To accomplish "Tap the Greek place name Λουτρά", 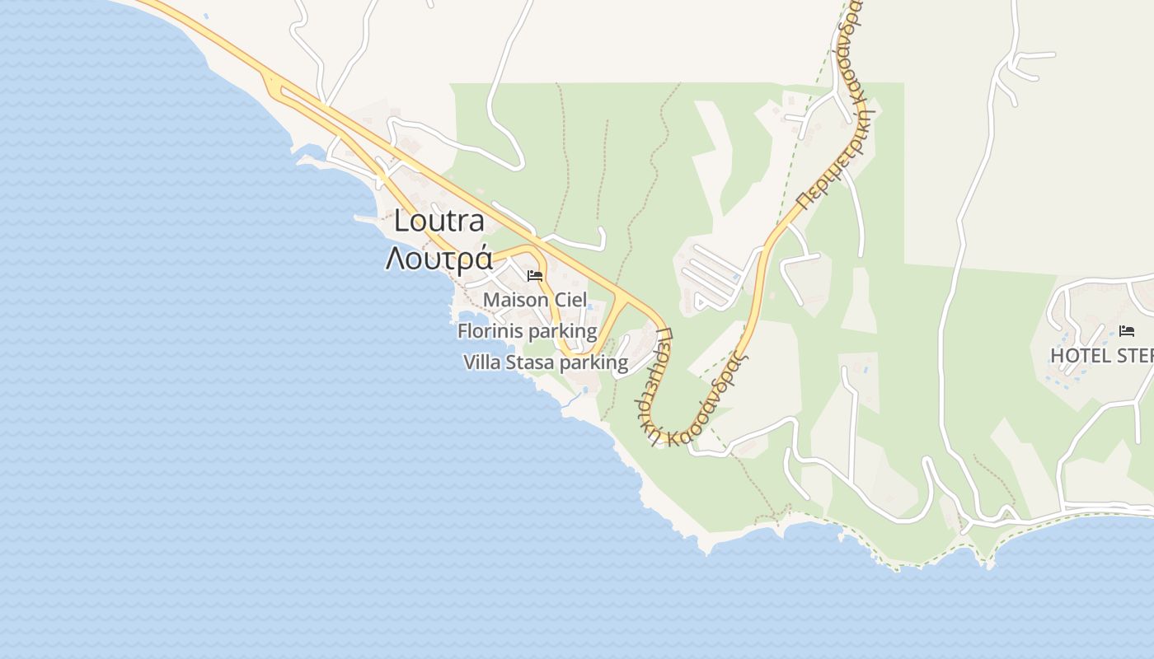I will pos(439,258).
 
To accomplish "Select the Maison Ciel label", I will pos(535,300).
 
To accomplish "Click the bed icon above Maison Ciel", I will pos(535,276).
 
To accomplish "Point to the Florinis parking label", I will pos(527,331).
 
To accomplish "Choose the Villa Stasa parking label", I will pos(546,362).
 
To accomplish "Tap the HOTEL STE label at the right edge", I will pos(1101,355).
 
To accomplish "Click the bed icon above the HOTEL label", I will pos(1127,331).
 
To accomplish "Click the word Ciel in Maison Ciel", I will pos(571,300).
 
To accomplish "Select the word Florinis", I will pos(491,331).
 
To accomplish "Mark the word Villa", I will pos(481,362).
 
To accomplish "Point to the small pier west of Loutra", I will pos(366,218).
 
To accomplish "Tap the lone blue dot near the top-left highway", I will pos(205,16).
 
